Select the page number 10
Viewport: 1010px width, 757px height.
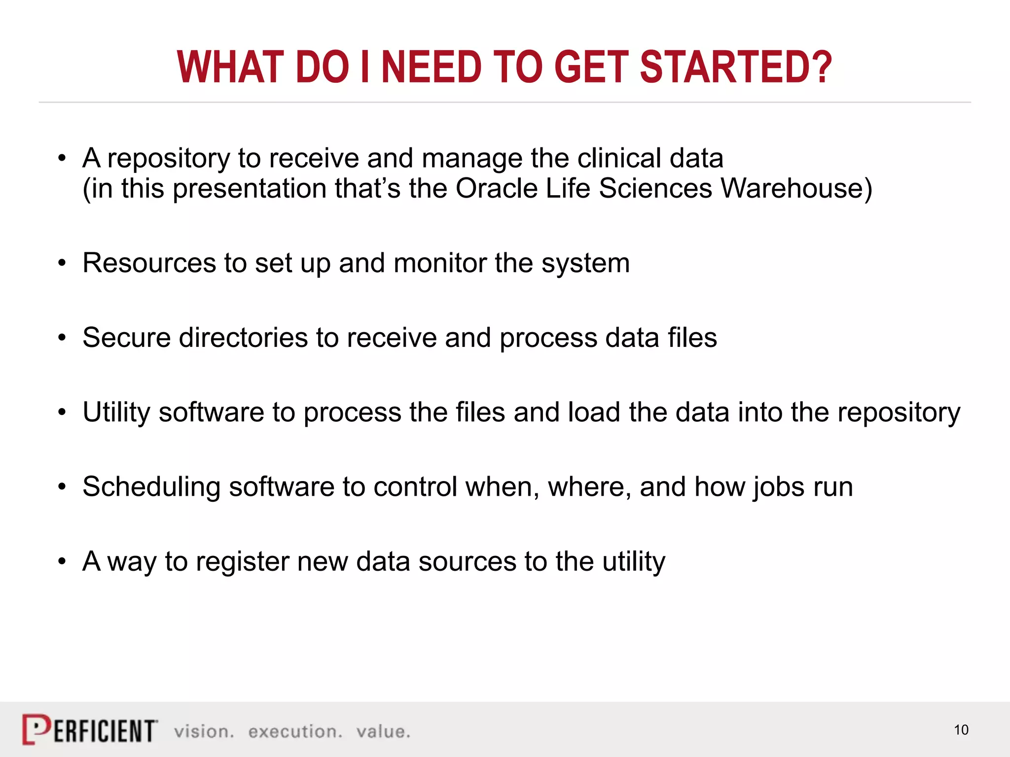tap(961, 730)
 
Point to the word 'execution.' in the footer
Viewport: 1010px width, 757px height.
tap(295, 731)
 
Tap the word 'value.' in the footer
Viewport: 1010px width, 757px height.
tap(383, 731)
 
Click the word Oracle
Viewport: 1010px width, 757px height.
tap(497, 188)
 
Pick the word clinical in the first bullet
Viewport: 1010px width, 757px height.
tap(619, 158)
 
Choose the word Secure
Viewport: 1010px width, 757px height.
tap(126, 338)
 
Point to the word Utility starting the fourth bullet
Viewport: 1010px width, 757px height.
tap(116, 413)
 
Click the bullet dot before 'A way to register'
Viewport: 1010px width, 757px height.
tap(62, 561)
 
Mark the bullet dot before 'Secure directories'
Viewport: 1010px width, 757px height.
tap(62, 338)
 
